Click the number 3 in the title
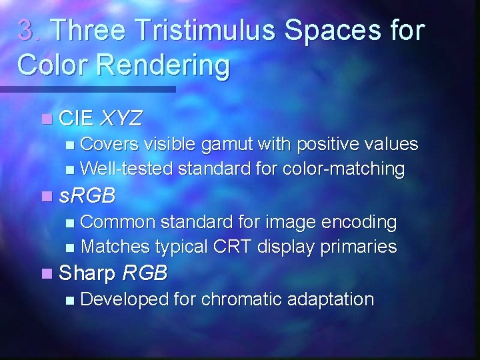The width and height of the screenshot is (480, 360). point(25,31)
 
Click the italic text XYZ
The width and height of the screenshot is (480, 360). point(121,119)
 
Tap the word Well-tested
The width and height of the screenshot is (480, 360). point(126,169)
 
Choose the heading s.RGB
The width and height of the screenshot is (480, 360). point(87,196)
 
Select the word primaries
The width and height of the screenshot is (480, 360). point(359,247)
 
